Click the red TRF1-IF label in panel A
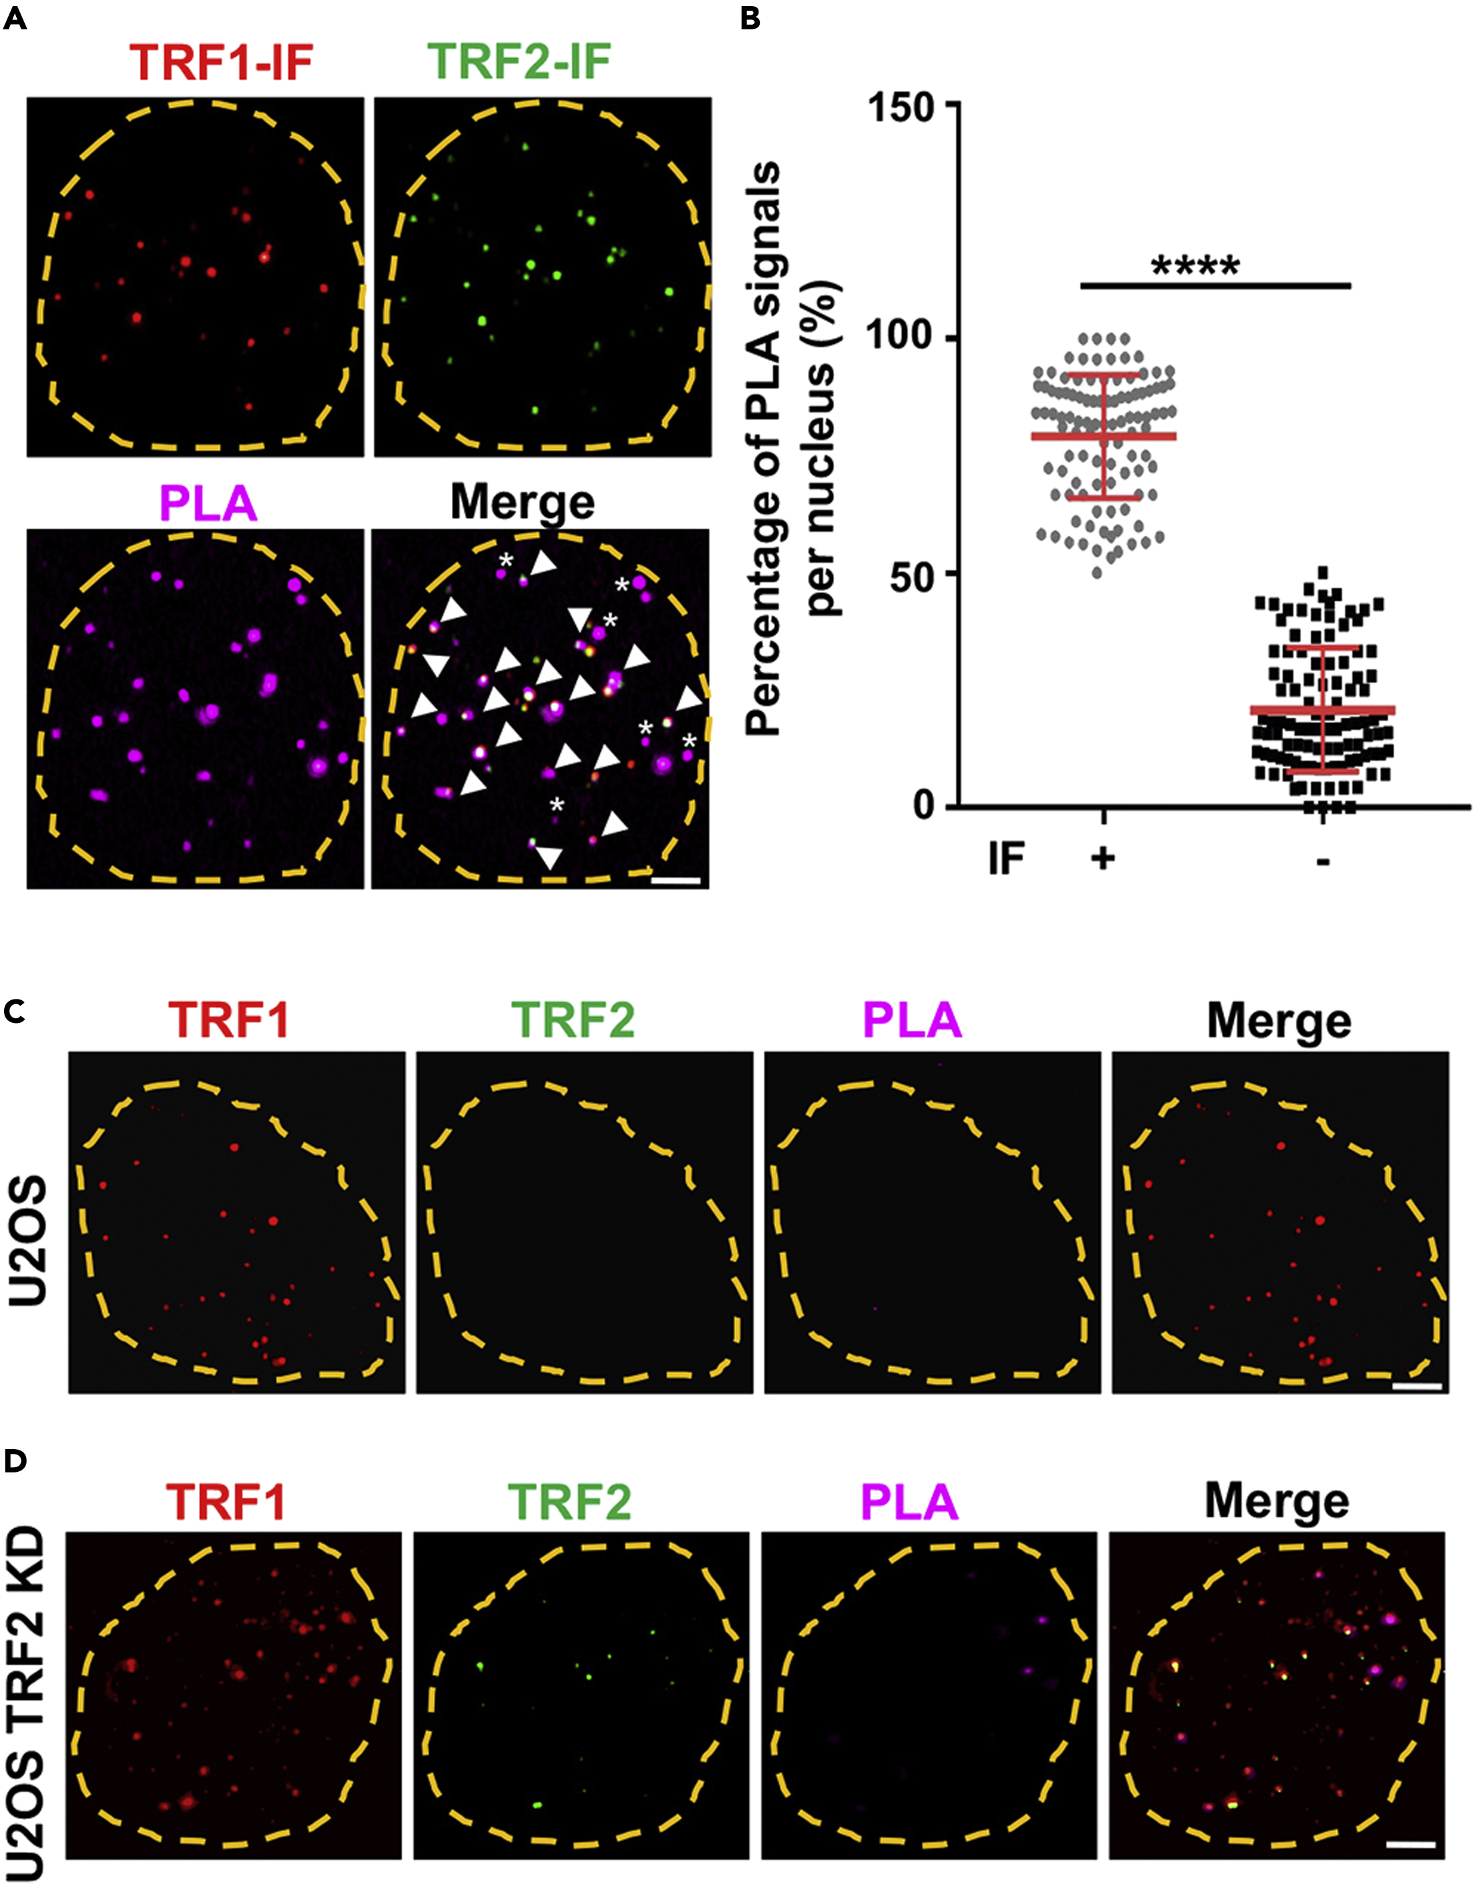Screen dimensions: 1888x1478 [221, 62]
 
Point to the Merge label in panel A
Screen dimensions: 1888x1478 [523, 502]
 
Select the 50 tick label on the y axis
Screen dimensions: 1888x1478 [912, 574]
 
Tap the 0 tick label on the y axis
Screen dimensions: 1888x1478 [924, 806]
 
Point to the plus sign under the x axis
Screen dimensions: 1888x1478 [1103, 859]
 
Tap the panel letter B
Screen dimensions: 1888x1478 [750, 18]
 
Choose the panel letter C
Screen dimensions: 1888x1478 [15, 1010]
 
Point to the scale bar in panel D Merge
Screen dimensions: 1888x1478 [1410, 1845]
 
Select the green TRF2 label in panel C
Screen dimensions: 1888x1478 [572, 1020]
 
